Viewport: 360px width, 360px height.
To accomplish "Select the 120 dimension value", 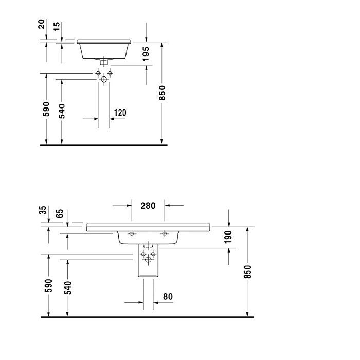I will coord(120,113).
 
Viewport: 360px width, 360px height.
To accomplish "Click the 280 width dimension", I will coord(148,206).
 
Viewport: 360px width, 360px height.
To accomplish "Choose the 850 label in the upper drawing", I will coord(163,93).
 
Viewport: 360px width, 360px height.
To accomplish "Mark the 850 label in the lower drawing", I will coord(248,272).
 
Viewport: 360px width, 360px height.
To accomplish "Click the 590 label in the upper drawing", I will coord(46,110).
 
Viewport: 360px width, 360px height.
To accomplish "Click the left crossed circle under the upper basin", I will coord(97,73).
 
